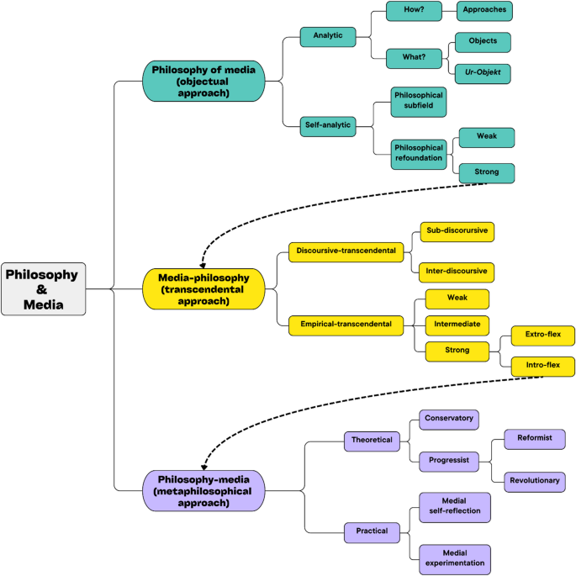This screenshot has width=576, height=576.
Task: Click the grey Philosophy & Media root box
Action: [44, 289]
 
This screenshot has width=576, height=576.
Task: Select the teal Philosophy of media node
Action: [203, 82]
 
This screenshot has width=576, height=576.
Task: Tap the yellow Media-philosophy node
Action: [203, 289]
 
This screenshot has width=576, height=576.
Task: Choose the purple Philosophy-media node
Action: [203, 491]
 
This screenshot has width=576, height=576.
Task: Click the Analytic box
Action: [328, 37]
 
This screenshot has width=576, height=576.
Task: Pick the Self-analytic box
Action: [328, 127]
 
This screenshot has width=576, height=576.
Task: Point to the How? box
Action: [414, 11]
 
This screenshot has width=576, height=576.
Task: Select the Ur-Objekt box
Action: [483, 74]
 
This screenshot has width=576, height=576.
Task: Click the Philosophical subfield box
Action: [419, 102]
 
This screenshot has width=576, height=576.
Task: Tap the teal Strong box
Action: [487, 173]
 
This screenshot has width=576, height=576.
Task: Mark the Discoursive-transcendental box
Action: [346, 252]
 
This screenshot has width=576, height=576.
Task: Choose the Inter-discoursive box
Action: [457, 272]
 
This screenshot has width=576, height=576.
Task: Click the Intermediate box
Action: [457, 325]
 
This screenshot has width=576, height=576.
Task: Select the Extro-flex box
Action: [543, 336]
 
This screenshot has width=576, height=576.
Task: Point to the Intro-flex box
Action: [543, 367]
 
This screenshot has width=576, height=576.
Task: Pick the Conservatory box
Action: [449, 420]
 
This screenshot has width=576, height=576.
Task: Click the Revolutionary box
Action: [535, 482]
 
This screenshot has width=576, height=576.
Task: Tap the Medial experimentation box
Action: [455, 559]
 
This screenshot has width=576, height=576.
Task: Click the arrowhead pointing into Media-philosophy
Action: [203, 266]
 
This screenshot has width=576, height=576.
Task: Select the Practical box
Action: [372, 532]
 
